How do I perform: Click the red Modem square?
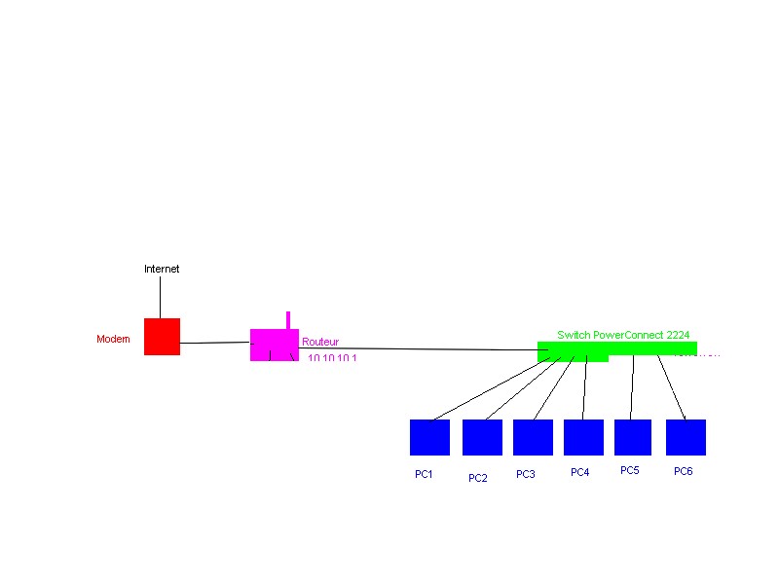pos(162,337)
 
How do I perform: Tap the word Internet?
pos(162,269)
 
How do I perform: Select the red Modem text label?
pos(113,339)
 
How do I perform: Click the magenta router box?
pos(274,344)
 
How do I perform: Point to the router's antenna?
pos(287,319)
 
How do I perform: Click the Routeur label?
pos(320,343)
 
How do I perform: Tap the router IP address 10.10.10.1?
pos(333,359)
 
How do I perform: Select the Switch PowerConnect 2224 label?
pos(623,334)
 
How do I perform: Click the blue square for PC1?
pos(429,437)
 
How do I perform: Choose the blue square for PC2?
pos(481,437)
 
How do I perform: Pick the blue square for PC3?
pos(533,437)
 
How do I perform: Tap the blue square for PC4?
pos(583,437)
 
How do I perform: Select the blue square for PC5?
pos(633,437)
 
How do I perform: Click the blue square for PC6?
pos(686,437)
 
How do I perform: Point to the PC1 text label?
pos(424,474)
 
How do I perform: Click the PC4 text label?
pos(580,473)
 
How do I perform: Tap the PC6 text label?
pos(684,472)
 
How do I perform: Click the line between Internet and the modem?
pos(161,297)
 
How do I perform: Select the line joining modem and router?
pos(214,343)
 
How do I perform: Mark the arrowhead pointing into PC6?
pos(685,417)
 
